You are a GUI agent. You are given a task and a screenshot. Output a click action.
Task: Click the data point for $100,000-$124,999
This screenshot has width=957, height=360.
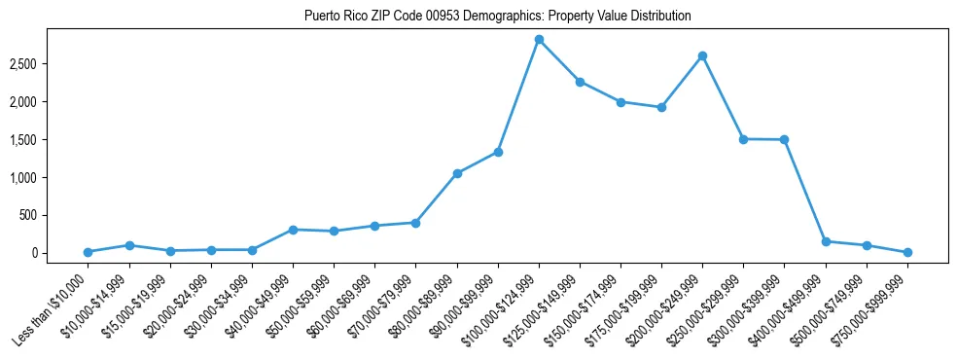tap(539, 40)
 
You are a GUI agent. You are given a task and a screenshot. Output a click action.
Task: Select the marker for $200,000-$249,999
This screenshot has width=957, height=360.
tap(702, 56)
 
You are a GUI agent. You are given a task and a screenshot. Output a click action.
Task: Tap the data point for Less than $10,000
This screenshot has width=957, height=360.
tap(89, 252)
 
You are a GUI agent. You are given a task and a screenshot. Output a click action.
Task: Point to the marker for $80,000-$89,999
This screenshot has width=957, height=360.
tap(457, 173)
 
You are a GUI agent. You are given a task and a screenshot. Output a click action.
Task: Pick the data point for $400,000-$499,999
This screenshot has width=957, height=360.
tap(826, 241)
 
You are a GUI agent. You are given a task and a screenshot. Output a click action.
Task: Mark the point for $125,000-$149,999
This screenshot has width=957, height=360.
tap(580, 82)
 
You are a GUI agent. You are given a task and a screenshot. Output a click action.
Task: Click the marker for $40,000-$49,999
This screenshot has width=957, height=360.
tap(293, 230)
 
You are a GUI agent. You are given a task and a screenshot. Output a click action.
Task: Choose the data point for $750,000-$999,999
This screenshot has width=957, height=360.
tap(907, 252)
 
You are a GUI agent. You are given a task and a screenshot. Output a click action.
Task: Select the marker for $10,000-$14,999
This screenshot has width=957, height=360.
tap(129, 245)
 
